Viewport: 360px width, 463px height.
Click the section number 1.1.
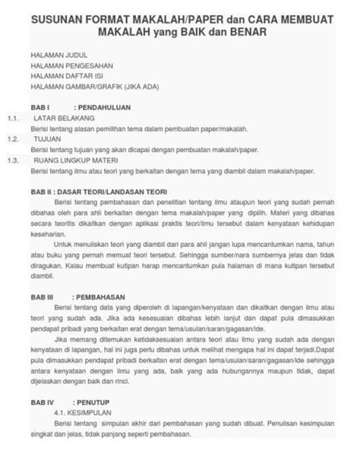(12, 120)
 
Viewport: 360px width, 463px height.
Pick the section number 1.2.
(12, 141)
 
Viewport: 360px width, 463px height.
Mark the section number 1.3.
(12, 161)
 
